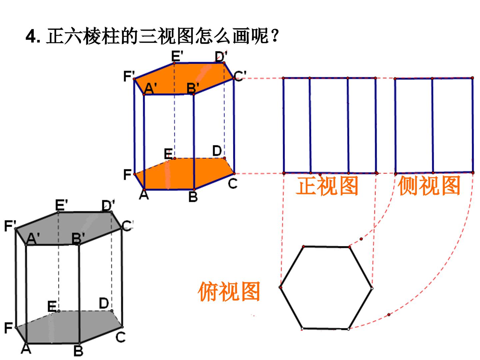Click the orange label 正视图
pyautogui.click(x=327, y=186)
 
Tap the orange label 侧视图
pyautogui.click(x=429, y=186)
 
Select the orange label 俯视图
pyautogui.click(x=229, y=292)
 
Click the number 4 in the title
pyautogui.click(x=31, y=36)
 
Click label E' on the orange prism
pyautogui.click(x=177, y=56)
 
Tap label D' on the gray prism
pyautogui.click(x=108, y=205)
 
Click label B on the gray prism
pyautogui.click(x=78, y=351)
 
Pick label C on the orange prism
pyautogui.click(x=232, y=184)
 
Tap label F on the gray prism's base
pyautogui.click(x=8, y=328)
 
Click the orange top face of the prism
pyautogui.click(x=184, y=79)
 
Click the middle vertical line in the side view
pyautogui.click(x=433, y=125)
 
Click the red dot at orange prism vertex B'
pyautogui.click(x=194, y=94)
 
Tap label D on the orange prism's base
pyautogui.click(x=217, y=151)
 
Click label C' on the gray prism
pyautogui.click(x=127, y=226)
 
